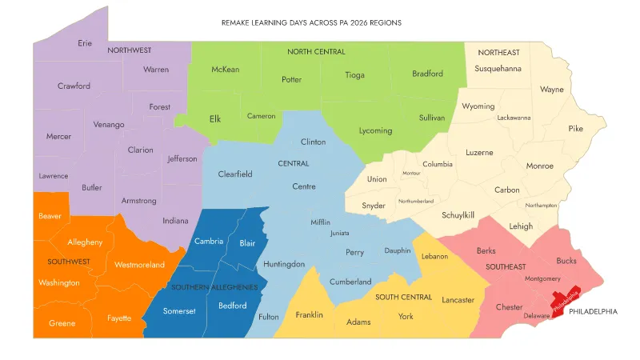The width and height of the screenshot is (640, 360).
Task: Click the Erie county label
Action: (85, 43)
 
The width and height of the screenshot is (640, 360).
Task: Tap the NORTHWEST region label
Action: (130, 50)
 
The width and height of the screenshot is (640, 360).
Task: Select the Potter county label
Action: (291, 80)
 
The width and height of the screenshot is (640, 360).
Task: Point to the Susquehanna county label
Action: (498, 69)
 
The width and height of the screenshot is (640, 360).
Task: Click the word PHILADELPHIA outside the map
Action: (593, 311)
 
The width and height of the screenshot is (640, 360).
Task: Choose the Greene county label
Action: (62, 324)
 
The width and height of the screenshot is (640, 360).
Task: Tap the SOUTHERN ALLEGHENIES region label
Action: (214, 286)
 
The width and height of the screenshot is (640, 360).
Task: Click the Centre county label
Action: (304, 186)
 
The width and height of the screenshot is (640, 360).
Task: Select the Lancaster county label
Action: (458, 300)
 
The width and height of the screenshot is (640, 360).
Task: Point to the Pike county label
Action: (576, 128)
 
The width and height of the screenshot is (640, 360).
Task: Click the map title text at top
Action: (311, 23)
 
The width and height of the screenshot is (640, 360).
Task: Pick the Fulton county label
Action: (269, 317)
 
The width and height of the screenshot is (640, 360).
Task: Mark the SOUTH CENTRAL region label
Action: (404, 298)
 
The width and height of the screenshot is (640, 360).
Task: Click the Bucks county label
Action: (566, 261)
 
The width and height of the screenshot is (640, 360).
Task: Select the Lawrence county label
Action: (54, 176)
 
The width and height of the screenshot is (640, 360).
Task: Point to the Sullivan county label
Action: (431, 118)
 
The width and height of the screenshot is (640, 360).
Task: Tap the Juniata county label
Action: (339, 234)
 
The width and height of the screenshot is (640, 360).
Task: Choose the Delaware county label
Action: (537, 316)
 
